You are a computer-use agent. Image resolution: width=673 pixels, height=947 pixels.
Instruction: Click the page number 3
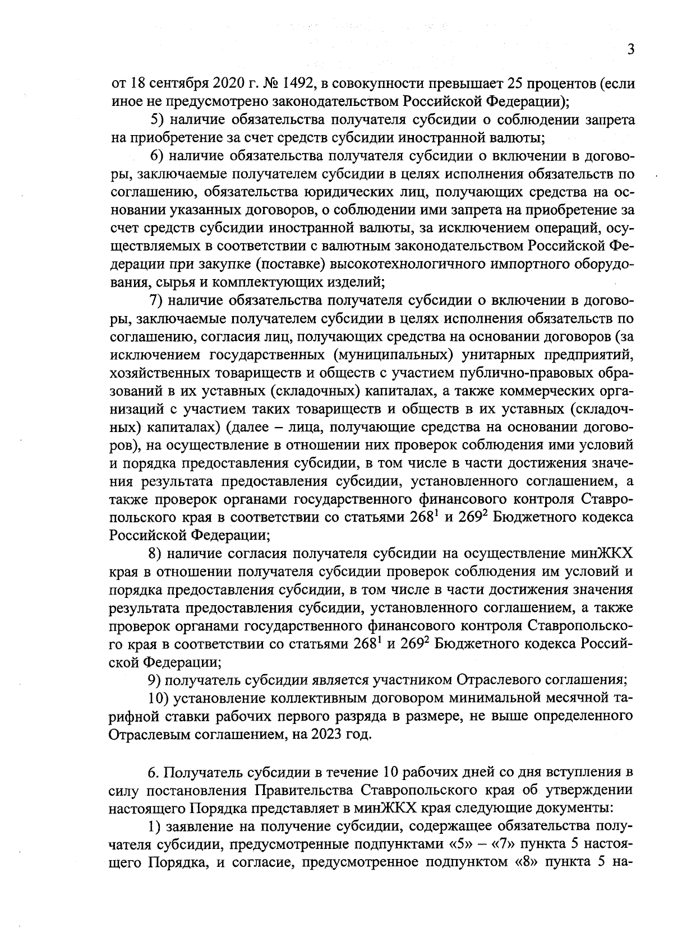pos(631,50)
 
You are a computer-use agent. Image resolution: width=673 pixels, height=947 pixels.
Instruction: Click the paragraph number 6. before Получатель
pos(154,772)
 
